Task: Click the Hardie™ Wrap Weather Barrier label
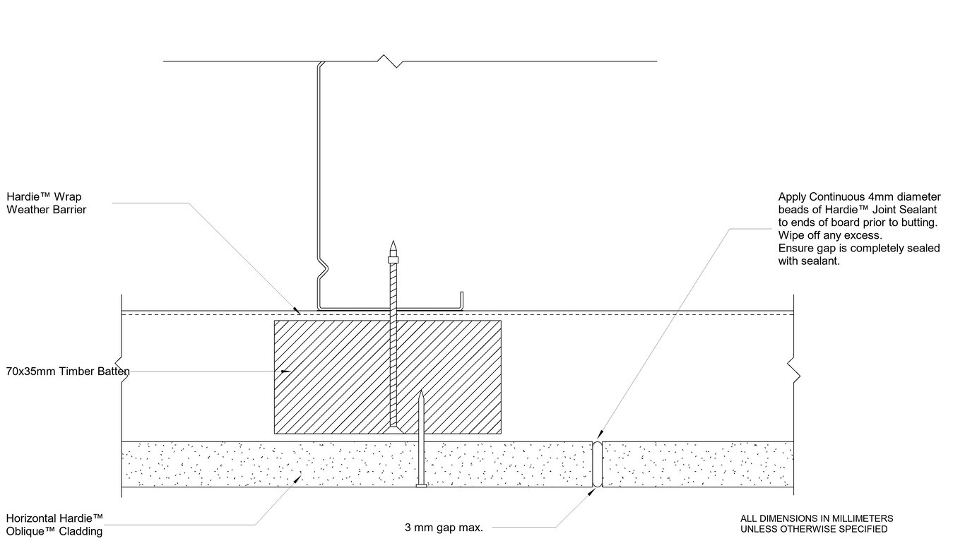point(47,203)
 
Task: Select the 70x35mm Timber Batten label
point(68,371)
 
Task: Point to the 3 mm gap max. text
point(443,527)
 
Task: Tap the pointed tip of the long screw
point(393,244)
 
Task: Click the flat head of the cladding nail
point(421,485)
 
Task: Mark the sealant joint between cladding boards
point(597,464)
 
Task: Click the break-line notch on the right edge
point(794,368)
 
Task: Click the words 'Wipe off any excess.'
point(830,235)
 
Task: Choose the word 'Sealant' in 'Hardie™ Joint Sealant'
point(918,210)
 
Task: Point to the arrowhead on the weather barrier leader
point(297,310)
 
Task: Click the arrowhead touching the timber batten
point(284,371)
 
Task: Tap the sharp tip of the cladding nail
point(421,392)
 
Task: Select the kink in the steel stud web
point(323,268)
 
